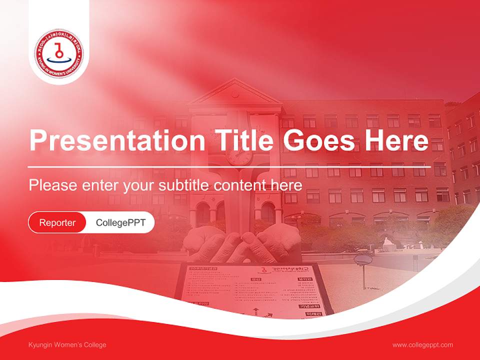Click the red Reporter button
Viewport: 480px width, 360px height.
(x=57, y=222)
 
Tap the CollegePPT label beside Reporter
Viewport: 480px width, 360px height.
(x=120, y=222)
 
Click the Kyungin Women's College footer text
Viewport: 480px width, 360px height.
(x=67, y=345)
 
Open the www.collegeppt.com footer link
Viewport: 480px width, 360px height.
(x=422, y=345)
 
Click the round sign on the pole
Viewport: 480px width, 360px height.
(x=363, y=259)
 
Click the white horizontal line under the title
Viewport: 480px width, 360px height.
(x=229, y=167)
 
